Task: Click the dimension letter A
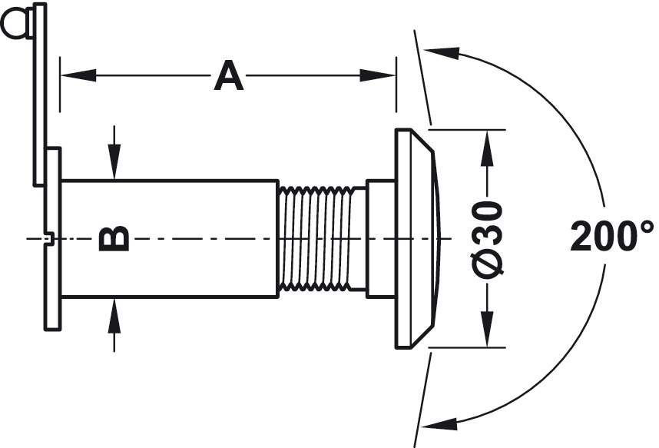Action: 228,76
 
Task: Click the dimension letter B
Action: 114,239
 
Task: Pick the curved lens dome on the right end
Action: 435,238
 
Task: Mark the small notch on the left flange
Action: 48,239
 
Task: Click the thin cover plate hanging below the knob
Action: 39,100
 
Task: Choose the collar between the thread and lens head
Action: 381,238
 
